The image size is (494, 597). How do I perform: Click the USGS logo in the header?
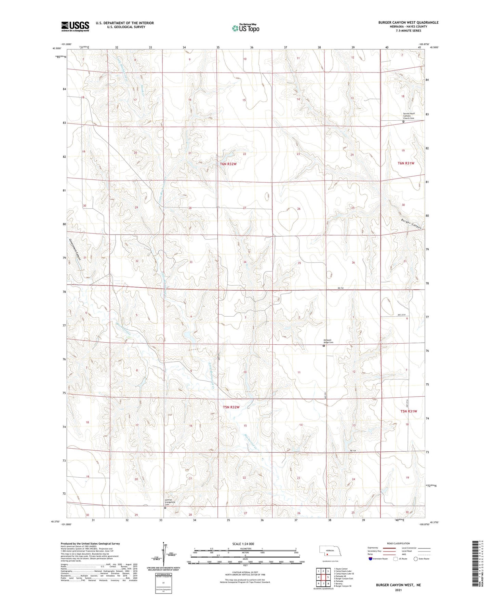pos(75,26)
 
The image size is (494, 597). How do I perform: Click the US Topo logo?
pos(245,28)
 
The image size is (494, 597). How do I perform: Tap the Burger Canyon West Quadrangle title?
pos(408,22)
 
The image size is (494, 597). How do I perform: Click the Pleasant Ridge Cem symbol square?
pos(324,346)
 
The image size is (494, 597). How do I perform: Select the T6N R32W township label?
pos(228,164)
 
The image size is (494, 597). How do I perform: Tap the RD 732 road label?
pos(340,289)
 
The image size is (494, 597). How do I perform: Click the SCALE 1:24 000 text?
pos(243,544)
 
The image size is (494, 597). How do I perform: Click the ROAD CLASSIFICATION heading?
pos(398,543)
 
